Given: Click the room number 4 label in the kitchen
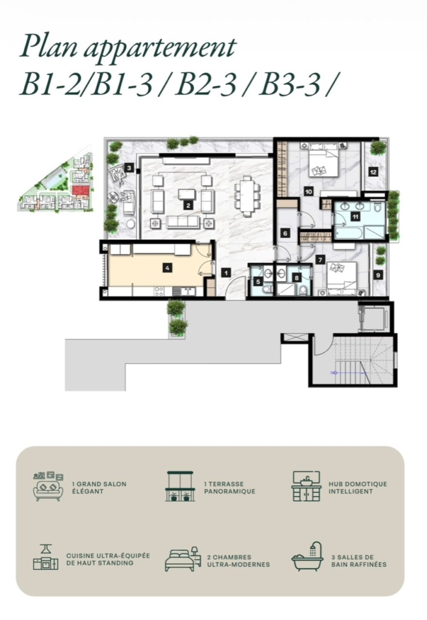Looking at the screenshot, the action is coord(168,268).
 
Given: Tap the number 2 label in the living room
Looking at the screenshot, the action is coord(188,205).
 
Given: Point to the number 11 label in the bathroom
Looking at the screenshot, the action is coord(356,216).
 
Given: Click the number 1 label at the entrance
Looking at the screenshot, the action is coord(226,272).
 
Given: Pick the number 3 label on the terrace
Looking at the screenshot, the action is coord(129,168).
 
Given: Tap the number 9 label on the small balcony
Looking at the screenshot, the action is coord(378,275).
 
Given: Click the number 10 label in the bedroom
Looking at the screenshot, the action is coord(309,192).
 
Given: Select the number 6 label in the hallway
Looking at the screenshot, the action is coord(285,233).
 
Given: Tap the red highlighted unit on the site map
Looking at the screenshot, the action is coord(80,191).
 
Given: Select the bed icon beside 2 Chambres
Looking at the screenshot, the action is coord(182,560).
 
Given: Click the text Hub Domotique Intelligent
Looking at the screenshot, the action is coord(358,487).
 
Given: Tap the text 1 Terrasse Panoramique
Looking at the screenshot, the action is coord(230,487).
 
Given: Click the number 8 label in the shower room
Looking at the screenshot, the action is coord(297,278).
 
